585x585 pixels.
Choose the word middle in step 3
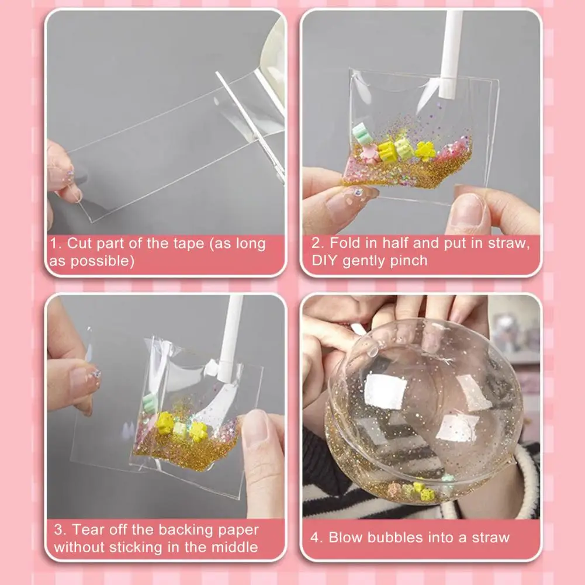[236, 548]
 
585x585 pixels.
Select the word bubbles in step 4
[390, 537]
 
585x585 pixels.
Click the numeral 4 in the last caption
[316, 537]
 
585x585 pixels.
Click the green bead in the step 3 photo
[150, 401]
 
